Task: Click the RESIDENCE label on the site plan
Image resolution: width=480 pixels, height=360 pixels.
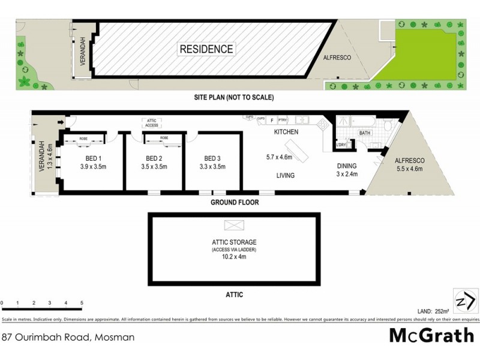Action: (206, 49)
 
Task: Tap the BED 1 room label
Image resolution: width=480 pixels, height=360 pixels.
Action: (92, 158)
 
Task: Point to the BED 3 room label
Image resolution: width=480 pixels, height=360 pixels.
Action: (212, 158)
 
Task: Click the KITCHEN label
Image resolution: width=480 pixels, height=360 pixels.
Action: (286, 131)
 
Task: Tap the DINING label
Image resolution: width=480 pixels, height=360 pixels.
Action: (347, 166)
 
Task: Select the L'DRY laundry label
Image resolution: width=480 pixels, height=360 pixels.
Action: (342, 145)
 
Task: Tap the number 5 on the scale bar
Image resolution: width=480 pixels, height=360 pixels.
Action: (82, 302)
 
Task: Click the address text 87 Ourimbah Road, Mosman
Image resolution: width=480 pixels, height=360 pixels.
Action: (68, 337)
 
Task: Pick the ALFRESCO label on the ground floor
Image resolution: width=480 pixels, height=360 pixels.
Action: (409, 161)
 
